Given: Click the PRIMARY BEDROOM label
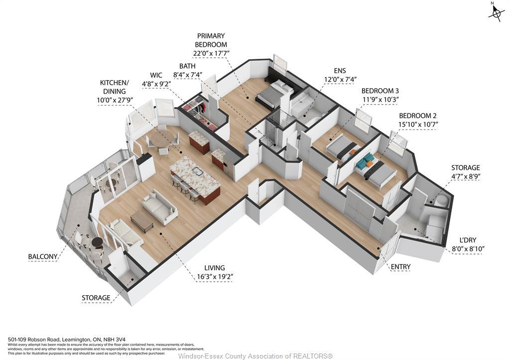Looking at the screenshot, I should [x=211, y=40].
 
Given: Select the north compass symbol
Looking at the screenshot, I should [x=496, y=13].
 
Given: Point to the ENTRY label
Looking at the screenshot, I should [x=400, y=267].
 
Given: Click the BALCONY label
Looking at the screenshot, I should [x=42, y=257].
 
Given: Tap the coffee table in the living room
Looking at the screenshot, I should [x=142, y=219].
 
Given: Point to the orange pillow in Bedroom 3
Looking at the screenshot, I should [x=353, y=151].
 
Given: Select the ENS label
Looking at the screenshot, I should [x=340, y=71].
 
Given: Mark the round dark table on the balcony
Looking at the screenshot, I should [x=97, y=242].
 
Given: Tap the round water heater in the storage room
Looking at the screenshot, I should [x=440, y=200].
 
